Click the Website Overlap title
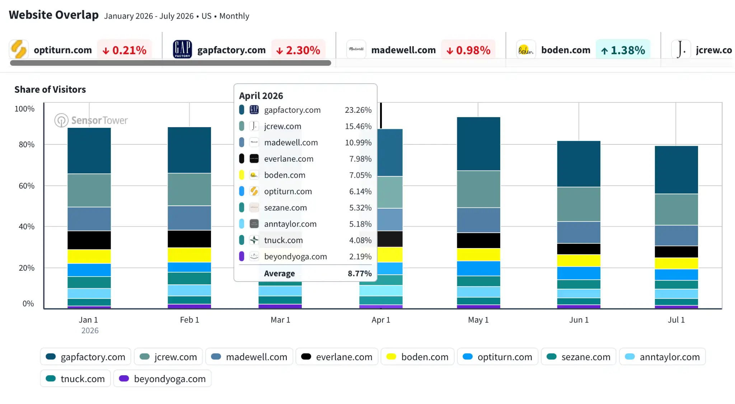[x=54, y=15]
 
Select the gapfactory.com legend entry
[x=85, y=357]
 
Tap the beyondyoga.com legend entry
[x=162, y=379]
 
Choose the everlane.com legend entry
[x=337, y=357]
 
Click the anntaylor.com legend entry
[x=663, y=357]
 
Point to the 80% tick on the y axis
[x=27, y=144]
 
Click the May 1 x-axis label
[x=478, y=320]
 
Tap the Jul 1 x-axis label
[x=676, y=320]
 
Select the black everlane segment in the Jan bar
[x=89, y=240]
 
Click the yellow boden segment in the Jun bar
[x=579, y=260]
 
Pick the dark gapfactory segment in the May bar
[x=478, y=144]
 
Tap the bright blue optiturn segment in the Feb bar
[x=189, y=267]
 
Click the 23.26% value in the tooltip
[x=358, y=110]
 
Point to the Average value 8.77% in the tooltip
[x=360, y=273]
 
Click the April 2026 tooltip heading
[x=261, y=96]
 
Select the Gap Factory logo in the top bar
[x=182, y=49]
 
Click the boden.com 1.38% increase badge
[x=623, y=50]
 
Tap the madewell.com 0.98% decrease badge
[x=468, y=50]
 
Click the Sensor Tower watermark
[x=91, y=120]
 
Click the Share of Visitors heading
[x=50, y=89]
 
